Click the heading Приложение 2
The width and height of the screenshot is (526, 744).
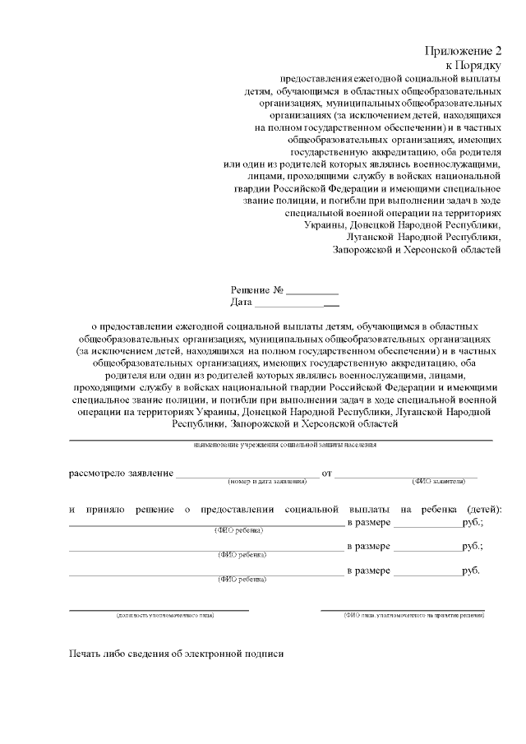coord(463,52)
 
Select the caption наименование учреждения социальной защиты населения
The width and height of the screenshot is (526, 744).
coord(285,445)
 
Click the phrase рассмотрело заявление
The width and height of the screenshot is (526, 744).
coord(121,473)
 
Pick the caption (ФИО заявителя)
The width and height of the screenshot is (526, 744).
coord(438,481)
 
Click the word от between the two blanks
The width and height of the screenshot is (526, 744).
coord(326,473)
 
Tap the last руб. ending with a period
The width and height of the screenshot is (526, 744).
coord(471,569)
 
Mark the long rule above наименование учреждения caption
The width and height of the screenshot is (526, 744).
coord(280,440)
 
